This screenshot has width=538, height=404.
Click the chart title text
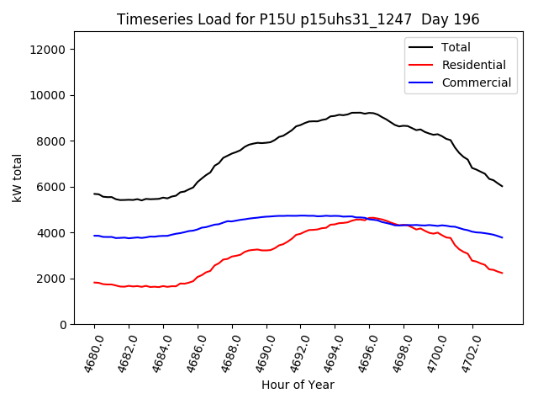coord(298,19)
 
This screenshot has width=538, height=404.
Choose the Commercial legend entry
coord(476,82)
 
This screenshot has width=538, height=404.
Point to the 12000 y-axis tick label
coord(49,50)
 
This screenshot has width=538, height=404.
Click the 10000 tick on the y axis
coord(49,95)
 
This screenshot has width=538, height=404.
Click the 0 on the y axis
coord(64,324)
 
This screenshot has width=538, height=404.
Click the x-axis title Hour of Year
coord(298,385)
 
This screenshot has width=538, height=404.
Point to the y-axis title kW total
coord(17,178)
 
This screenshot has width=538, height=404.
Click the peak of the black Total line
coord(357,113)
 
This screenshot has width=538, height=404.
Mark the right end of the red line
coord(503,273)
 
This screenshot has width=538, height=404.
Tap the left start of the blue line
coord(94,236)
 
